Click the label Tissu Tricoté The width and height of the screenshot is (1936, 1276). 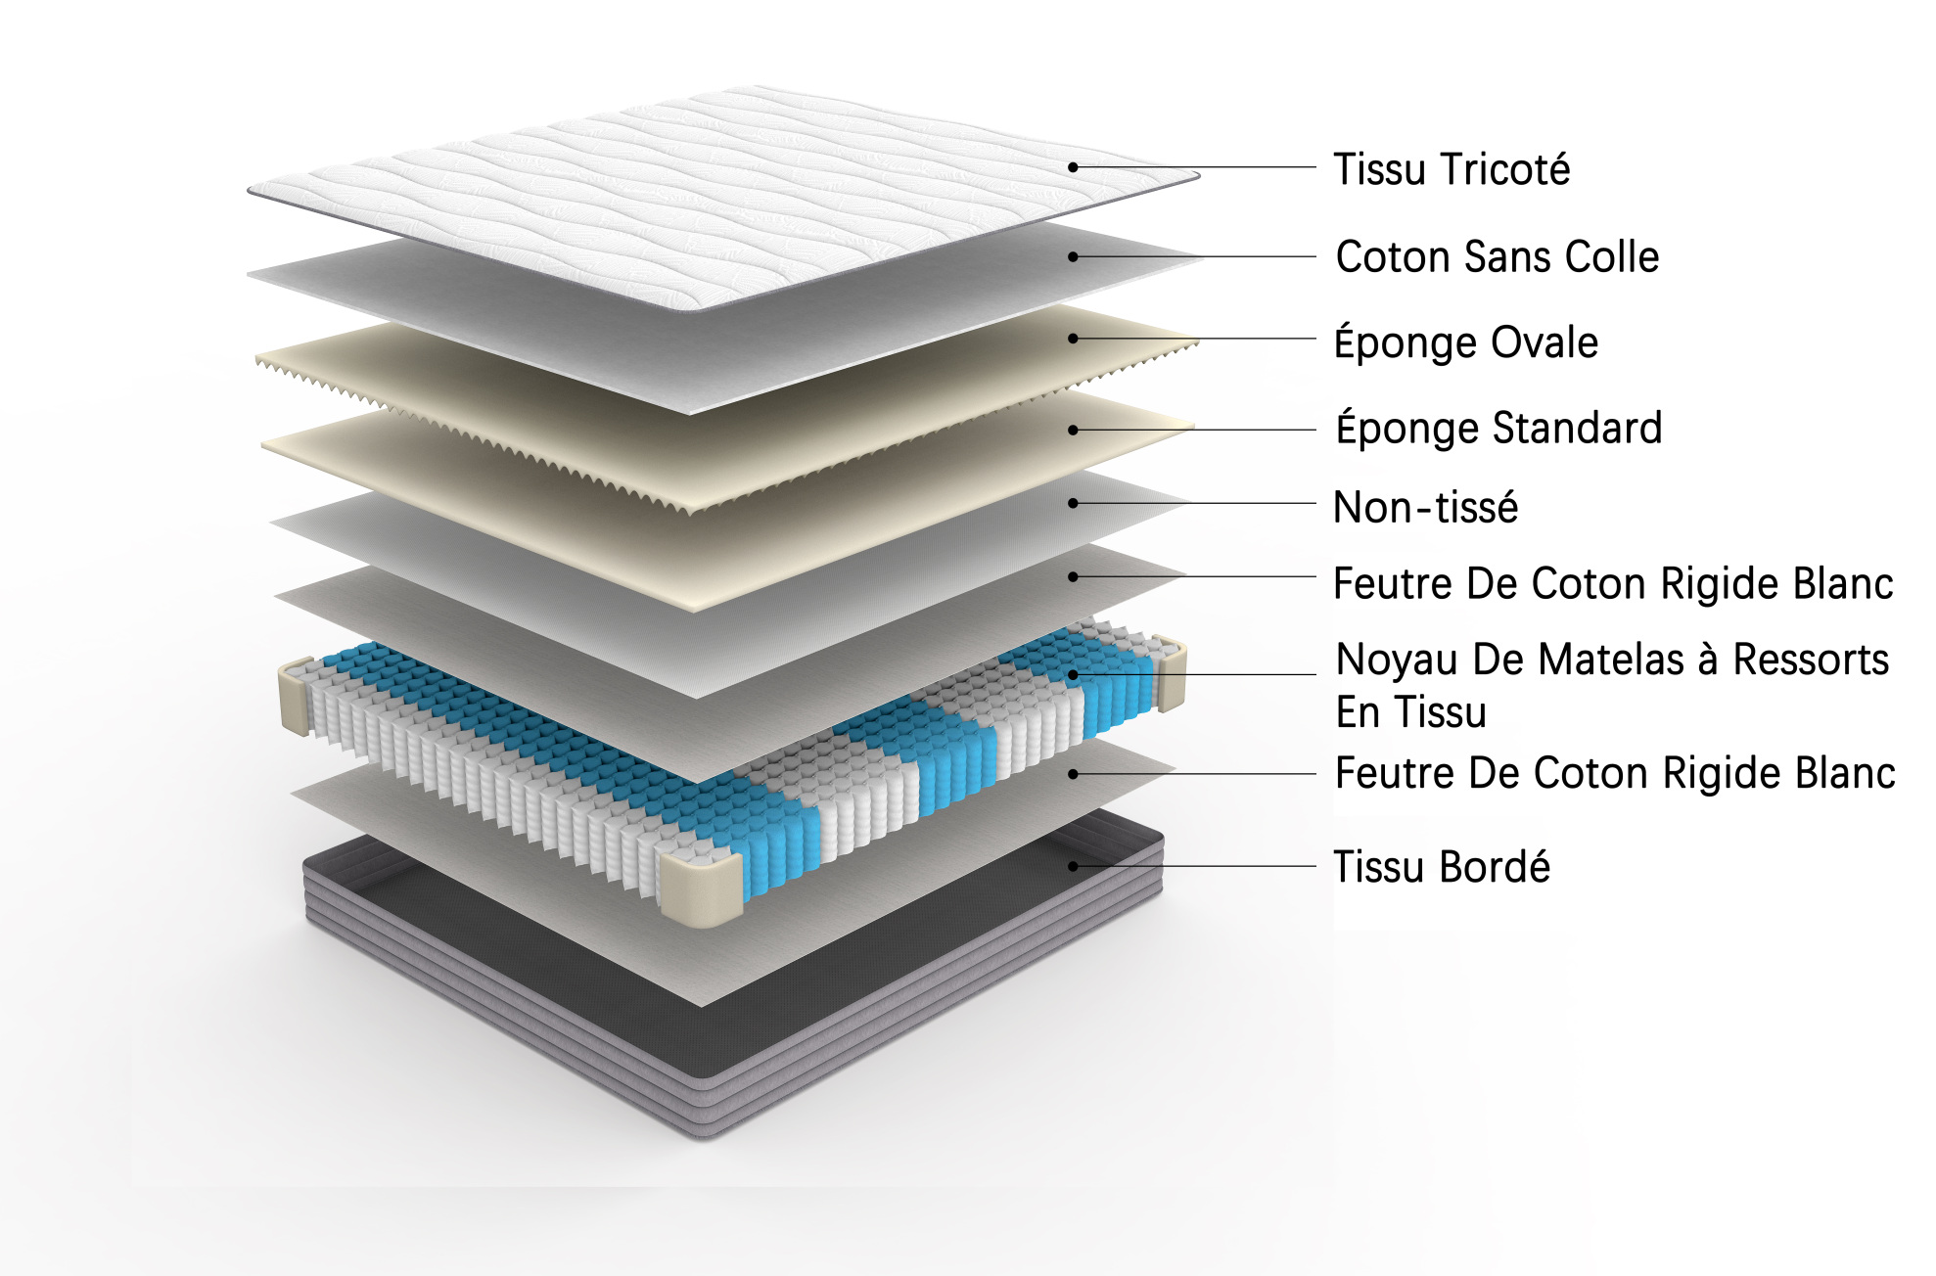(1452, 169)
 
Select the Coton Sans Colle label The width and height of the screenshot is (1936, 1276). (1498, 256)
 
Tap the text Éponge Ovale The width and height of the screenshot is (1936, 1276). (1466, 342)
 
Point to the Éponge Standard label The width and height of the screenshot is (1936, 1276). (1498, 428)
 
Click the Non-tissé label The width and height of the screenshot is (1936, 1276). (1425, 507)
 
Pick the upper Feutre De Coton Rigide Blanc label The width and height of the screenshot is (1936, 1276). (1613, 583)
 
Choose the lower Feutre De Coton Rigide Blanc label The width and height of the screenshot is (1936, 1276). (1615, 773)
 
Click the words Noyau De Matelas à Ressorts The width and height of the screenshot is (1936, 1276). (1612, 660)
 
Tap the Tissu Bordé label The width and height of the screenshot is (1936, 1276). (1442, 867)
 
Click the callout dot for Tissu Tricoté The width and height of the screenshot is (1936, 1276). (1073, 167)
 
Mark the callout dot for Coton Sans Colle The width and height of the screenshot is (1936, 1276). (1073, 256)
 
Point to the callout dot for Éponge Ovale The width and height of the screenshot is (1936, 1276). (1073, 339)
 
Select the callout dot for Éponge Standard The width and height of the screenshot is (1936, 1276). (1073, 430)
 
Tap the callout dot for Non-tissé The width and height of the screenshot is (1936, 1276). (1073, 503)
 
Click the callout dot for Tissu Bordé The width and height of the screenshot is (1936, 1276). (1073, 866)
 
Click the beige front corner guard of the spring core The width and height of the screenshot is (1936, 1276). (701, 888)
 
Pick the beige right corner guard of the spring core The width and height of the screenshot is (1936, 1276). (1171, 672)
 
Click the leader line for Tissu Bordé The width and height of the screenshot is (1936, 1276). (1194, 866)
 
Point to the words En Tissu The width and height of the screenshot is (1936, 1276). (1410, 712)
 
